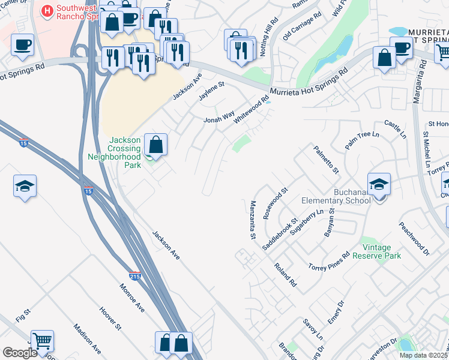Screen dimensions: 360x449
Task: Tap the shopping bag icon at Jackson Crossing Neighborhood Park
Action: (x=155, y=145)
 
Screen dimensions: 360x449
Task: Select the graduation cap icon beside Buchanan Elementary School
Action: (x=379, y=184)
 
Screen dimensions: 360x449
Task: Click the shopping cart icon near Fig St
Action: (x=42, y=341)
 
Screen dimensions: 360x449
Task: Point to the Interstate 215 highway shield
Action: (x=135, y=274)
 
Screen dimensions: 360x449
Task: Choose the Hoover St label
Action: (x=110, y=319)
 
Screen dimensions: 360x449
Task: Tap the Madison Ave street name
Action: (x=88, y=338)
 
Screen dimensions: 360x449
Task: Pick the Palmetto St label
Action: (x=326, y=160)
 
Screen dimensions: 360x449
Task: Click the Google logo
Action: (x=20, y=353)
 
